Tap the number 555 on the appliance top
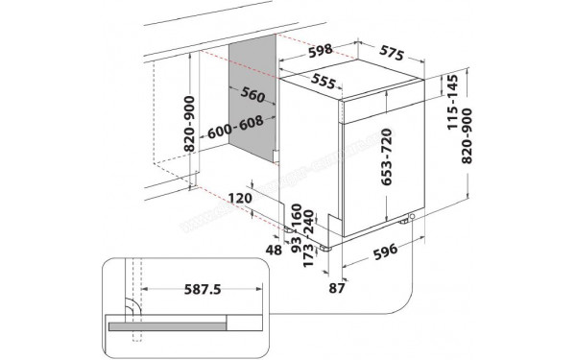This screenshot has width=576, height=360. pos(324,84)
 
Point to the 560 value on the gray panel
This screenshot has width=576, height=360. pos(253,96)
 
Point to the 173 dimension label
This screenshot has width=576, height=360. pos(309,255)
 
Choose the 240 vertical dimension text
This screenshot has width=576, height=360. pos(309,224)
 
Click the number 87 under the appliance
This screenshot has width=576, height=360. pos(336,288)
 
